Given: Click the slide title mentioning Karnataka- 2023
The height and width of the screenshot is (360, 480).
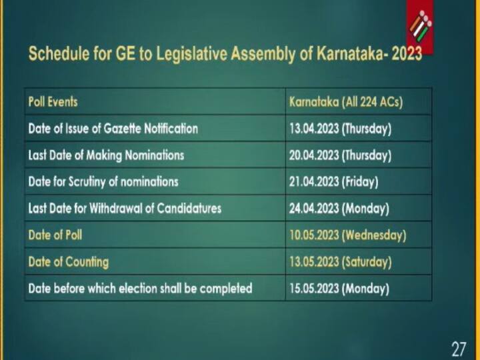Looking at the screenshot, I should [225, 54].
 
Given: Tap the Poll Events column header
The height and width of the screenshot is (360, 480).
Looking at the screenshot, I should [53, 102].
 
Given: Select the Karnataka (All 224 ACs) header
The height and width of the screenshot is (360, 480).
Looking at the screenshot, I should [346, 102].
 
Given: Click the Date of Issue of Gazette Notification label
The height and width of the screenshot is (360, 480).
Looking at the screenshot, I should [113, 129].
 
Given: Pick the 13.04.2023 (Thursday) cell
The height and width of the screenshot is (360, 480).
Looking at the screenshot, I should [340, 129].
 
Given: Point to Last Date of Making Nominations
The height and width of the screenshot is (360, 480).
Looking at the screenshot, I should [106, 155].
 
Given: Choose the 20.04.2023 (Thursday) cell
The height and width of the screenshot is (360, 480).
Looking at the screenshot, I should [340, 155].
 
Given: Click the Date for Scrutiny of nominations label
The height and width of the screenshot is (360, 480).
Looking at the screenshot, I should [103, 181].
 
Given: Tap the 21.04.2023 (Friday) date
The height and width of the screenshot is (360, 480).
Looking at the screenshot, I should [333, 181].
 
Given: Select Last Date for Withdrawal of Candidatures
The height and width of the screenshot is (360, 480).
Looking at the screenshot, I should [125, 208].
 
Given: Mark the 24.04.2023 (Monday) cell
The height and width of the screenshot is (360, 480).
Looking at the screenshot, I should [339, 208].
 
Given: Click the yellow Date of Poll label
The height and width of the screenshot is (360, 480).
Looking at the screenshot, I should [55, 235].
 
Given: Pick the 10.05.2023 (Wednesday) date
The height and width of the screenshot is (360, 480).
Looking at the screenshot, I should [347, 235].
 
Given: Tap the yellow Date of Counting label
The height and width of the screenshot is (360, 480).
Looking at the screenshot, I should [68, 261].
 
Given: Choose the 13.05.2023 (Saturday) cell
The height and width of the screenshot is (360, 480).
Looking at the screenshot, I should [340, 261].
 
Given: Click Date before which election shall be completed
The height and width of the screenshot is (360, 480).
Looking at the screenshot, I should [140, 289].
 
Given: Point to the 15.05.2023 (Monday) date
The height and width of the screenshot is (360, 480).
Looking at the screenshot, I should [339, 289].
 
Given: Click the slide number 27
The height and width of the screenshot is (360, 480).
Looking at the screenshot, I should [459, 348].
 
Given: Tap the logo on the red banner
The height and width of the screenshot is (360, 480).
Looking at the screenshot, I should [420, 27].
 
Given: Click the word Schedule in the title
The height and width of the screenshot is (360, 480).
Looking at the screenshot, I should [57, 54].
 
